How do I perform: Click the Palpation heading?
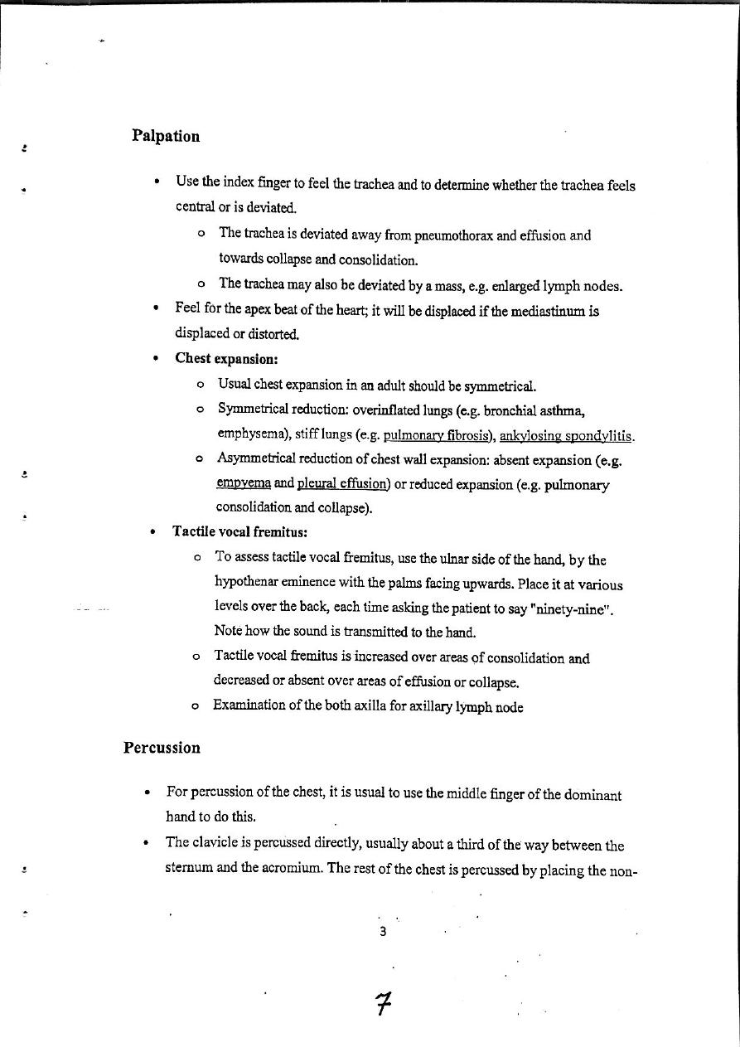(166, 136)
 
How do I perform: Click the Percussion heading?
(162, 748)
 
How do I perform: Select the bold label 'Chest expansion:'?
(226, 359)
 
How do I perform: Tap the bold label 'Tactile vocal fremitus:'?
(240, 531)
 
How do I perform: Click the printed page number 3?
(382, 931)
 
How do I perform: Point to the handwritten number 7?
(382, 1006)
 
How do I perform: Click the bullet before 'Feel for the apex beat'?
(156, 309)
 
